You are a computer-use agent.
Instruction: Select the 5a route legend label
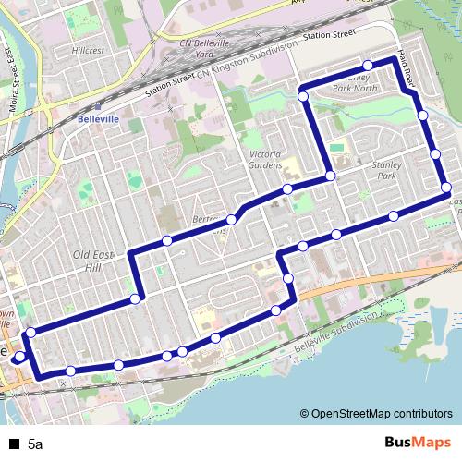35,444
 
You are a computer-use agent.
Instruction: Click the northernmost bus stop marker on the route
368,65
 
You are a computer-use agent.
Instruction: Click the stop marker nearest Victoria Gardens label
287,188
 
